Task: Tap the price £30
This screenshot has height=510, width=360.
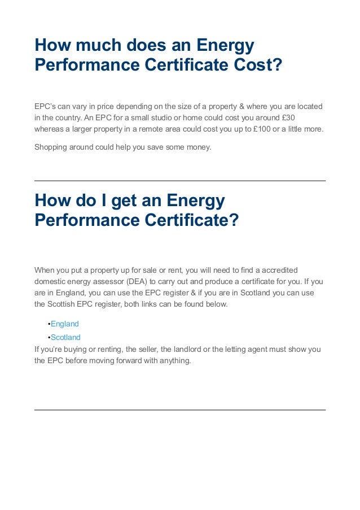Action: coord(287,117)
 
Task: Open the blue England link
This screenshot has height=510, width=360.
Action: coord(65,324)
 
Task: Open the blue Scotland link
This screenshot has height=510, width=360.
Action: coord(66,337)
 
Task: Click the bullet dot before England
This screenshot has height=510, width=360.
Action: coord(49,324)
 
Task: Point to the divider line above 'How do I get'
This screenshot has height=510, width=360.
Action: coord(180,181)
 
